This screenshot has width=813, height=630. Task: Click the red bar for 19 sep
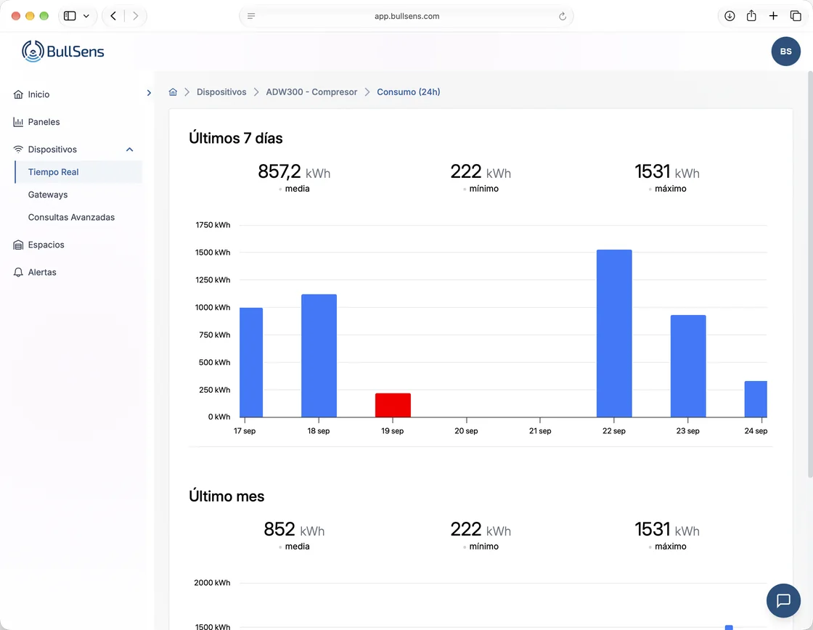(393, 405)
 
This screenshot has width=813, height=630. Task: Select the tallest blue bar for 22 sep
(614, 333)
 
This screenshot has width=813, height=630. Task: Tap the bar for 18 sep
(319, 356)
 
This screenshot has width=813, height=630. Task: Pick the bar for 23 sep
(688, 366)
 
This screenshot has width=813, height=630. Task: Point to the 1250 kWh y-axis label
(213, 280)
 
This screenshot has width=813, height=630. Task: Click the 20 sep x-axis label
(466, 431)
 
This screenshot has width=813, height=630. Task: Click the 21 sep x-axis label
(540, 431)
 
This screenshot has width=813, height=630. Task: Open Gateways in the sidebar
(48, 195)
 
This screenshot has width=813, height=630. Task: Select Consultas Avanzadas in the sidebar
(71, 217)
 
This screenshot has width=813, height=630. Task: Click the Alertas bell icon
(18, 272)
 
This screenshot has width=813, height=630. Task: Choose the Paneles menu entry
(44, 122)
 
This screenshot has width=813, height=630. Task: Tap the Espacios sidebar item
(46, 245)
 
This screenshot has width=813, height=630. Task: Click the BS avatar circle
(786, 52)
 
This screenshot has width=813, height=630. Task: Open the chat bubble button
(783, 600)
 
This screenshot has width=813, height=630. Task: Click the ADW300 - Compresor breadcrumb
(311, 91)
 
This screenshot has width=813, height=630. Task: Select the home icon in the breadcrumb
(173, 91)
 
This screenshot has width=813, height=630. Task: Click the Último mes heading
(226, 496)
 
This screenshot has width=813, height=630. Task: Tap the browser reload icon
(563, 16)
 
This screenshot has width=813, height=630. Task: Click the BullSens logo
(62, 52)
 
